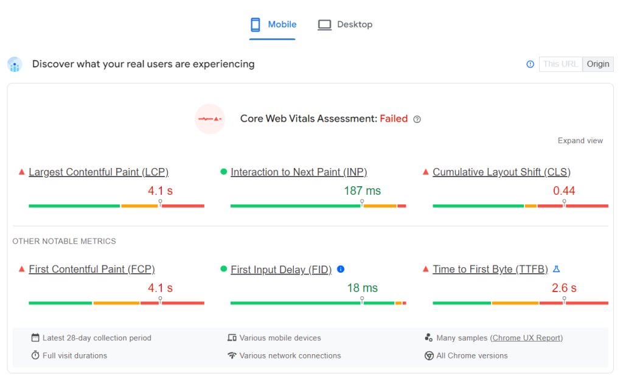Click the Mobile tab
click(x=273, y=25)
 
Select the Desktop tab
click(x=345, y=25)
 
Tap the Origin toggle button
click(x=598, y=64)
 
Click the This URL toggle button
click(x=560, y=64)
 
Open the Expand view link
click(x=580, y=141)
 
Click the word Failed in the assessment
click(x=394, y=119)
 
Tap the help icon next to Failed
click(x=417, y=119)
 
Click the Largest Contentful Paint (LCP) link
click(x=99, y=172)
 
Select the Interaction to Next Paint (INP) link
click(x=299, y=172)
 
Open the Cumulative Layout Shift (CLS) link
click(x=501, y=172)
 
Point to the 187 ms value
click(x=362, y=190)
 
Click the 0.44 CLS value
click(x=564, y=190)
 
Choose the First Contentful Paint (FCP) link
click(x=92, y=269)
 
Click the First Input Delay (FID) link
click(x=281, y=270)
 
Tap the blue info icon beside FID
click(x=341, y=269)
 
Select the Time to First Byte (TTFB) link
click(x=490, y=269)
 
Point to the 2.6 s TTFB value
click(x=564, y=288)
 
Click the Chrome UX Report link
click(x=527, y=338)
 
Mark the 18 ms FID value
click(x=362, y=288)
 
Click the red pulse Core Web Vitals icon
click(x=210, y=119)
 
